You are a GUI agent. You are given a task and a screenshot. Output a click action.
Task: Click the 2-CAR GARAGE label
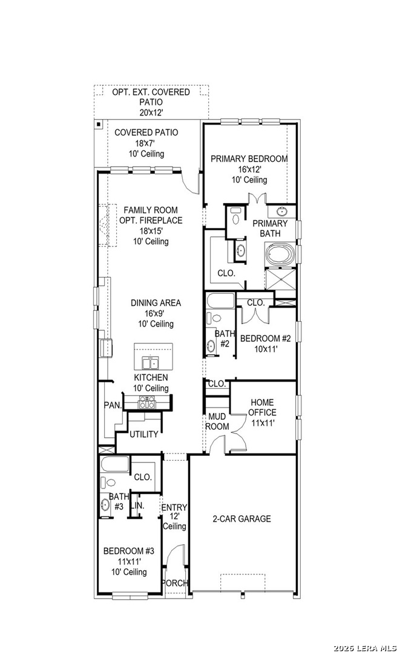241,519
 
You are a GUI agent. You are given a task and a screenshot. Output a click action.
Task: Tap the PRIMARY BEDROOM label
249,158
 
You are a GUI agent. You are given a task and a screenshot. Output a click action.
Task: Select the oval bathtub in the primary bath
281,255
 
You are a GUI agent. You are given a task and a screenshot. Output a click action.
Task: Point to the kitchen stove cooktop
147,402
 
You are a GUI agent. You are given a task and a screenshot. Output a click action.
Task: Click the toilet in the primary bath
235,216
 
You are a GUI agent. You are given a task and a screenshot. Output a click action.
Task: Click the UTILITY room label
144,434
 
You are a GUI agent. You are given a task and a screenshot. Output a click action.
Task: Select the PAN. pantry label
113,405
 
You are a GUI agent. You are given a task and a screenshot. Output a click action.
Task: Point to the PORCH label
175,583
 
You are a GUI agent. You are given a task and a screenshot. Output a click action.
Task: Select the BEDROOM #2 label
265,338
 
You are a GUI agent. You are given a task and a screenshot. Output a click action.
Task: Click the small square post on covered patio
98,124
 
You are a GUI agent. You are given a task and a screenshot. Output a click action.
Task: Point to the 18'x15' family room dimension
151,231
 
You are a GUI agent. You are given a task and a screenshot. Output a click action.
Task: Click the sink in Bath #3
105,504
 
